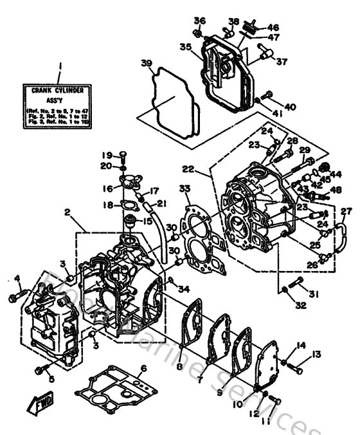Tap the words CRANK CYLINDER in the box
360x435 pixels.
[59, 92]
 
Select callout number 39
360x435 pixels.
[147, 62]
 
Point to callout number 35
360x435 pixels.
[185, 46]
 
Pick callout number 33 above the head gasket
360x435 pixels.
[186, 189]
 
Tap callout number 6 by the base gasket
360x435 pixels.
[143, 367]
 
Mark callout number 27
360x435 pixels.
[346, 212]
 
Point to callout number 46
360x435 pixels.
[273, 28]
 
